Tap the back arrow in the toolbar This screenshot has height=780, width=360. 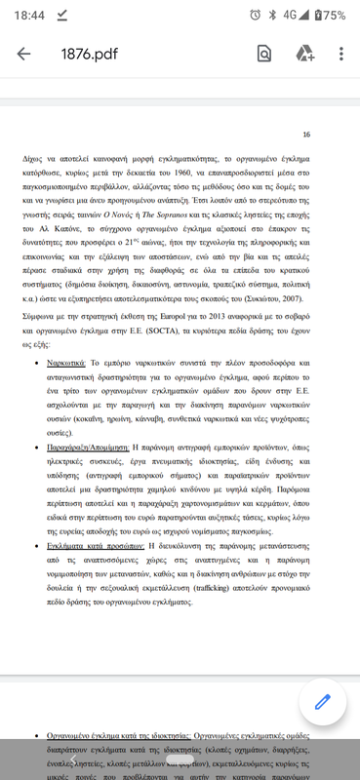pos(23,55)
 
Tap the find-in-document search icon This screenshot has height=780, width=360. pos(264,55)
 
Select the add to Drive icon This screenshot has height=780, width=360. pos(304,55)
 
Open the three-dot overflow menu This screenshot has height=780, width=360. pos(340,55)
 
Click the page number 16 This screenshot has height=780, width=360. pos(306,135)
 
